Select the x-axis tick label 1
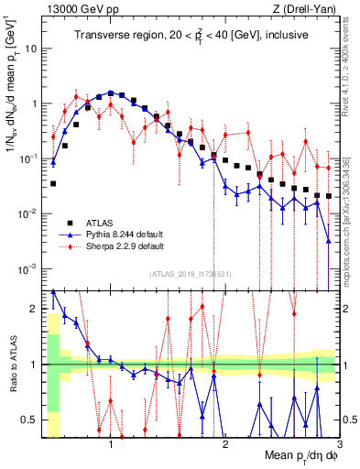pos(111,444)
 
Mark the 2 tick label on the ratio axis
pos(35,308)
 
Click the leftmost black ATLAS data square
pos(53,183)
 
